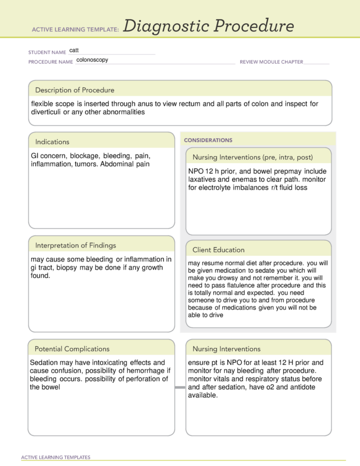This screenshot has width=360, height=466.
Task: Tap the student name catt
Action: point(74,51)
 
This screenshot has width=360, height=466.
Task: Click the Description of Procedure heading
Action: point(75,90)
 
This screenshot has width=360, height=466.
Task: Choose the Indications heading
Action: point(52,142)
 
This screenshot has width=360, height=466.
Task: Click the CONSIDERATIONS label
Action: point(208,140)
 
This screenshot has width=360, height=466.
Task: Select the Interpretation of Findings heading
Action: point(76,245)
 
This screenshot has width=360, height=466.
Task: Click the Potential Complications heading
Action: point(72,349)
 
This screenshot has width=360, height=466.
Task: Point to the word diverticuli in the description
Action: point(46,112)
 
